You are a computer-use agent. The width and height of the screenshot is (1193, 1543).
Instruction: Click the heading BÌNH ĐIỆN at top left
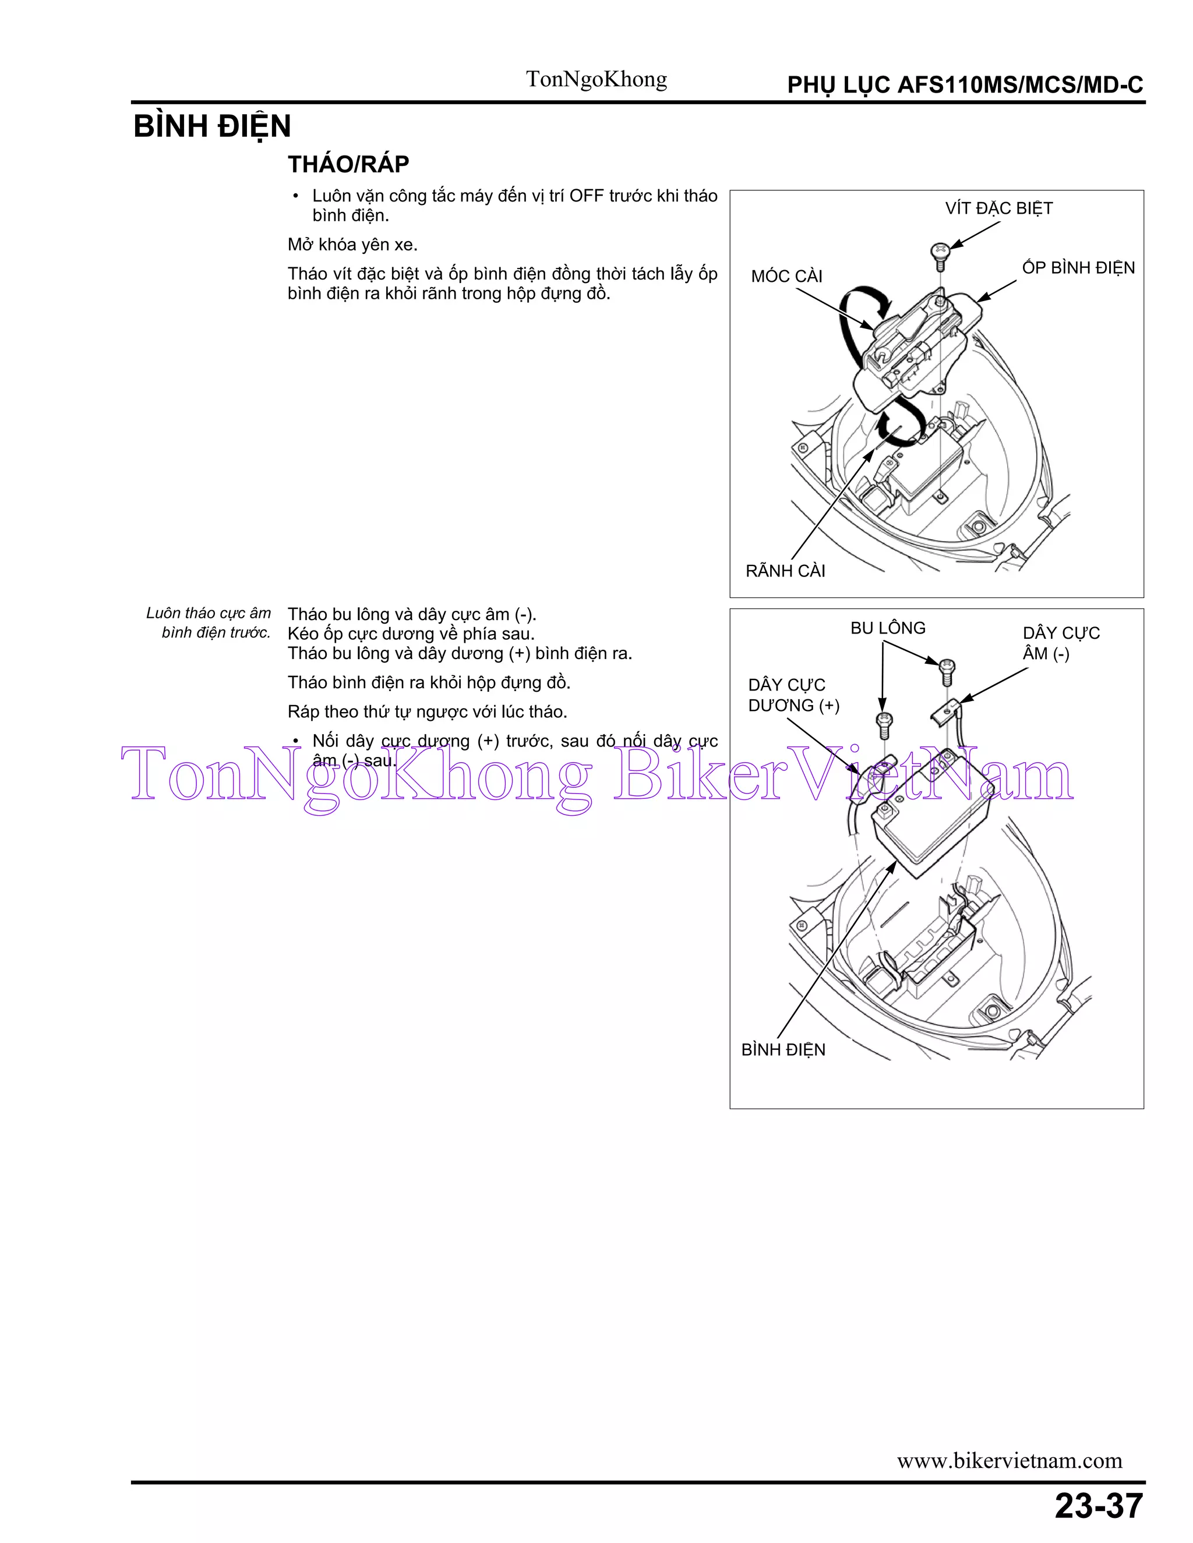pos(212,127)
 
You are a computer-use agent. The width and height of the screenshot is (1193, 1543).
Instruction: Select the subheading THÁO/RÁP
pos(348,165)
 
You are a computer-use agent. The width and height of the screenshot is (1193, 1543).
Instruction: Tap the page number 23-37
pos(1098,1506)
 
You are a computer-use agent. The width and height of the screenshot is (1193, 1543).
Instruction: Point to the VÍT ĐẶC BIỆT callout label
pos(998,208)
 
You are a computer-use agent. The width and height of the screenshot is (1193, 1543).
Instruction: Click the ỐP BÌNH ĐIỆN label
pos(1078,268)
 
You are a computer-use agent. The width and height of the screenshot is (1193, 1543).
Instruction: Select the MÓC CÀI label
pos(786,276)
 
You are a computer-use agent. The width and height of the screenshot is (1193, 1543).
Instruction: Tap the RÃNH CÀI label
pos(785,571)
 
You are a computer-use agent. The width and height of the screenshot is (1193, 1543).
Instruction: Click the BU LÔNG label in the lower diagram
pos(888,628)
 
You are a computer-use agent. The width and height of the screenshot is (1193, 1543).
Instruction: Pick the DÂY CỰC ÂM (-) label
pos(1060,643)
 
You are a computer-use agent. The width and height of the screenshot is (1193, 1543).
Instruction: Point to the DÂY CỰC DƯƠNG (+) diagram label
pos(793,695)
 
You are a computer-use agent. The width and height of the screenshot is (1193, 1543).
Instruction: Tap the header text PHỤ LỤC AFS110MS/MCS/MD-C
pos(965,86)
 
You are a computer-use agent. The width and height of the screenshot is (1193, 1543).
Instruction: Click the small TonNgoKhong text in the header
pos(596,79)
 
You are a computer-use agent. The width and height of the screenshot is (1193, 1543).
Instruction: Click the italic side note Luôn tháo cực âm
pos(209,613)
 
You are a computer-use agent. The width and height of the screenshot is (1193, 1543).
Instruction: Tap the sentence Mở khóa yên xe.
pos(352,245)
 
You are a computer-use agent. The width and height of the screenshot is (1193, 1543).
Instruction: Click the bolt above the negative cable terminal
pos(947,670)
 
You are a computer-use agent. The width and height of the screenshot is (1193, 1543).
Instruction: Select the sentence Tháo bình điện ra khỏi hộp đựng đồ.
pos(429,682)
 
